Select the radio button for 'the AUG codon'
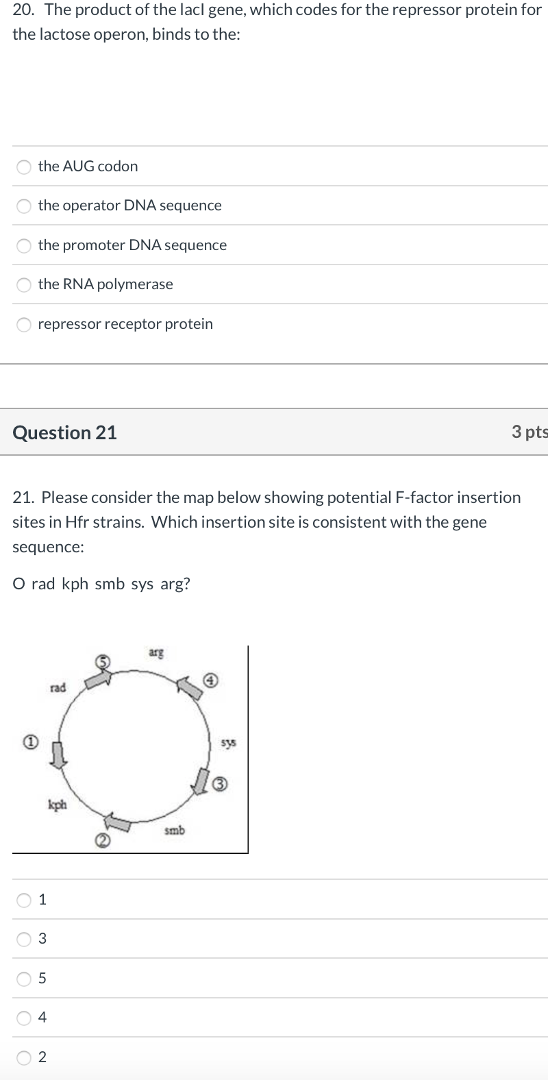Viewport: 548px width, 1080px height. click(25, 167)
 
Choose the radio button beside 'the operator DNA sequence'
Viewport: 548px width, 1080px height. click(25, 206)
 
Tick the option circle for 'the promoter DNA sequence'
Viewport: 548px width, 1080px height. click(25, 245)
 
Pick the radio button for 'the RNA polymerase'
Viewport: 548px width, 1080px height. click(25, 284)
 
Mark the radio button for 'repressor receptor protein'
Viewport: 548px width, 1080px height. click(25, 324)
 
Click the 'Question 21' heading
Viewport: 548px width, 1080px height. click(65, 432)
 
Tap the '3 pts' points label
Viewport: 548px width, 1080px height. click(530, 432)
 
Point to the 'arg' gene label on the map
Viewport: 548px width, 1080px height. click(156, 652)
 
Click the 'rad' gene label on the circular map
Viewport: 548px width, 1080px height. click(58, 687)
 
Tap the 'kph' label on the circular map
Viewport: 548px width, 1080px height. click(57, 805)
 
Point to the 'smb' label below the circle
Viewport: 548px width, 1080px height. click(175, 831)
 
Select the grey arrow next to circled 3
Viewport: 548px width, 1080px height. click(201, 781)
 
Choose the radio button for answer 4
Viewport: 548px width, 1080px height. click(25, 1018)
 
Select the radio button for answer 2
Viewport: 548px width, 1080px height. click(25, 1057)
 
